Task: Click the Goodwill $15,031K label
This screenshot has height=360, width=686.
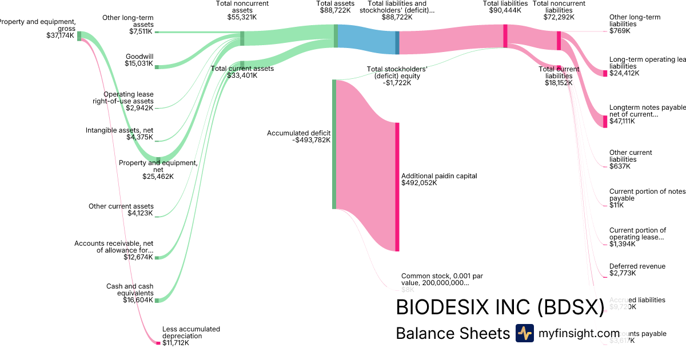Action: pyautogui.click(x=139, y=60)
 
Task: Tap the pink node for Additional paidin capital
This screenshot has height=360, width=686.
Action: pyautogui.click(x=397, y=186)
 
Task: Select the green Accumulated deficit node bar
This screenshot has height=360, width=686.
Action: pyautogui.click(x=334, y=145)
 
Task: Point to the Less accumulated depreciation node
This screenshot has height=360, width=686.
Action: pyautogui.click(x=158, y=343)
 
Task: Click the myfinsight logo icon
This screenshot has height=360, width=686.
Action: pyautogui.click(x=524, y=333)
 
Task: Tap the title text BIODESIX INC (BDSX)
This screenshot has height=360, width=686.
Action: pyautogui.click(x=500, y=307)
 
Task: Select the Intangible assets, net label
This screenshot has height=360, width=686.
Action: pyautogui.click(x=119, y=134)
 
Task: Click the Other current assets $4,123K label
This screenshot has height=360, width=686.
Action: pyautogui.click(x=121, y=210)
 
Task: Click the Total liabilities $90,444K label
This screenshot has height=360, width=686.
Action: pyautogui.click(x=505, y=7)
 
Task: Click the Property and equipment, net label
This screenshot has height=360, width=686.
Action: pyautogui.click(x=158, y=169)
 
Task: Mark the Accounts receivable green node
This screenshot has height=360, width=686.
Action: pyautogui.click(x=157, y=257)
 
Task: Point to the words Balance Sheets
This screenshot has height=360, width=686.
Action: pyautogui.click(x=452, y=334)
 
